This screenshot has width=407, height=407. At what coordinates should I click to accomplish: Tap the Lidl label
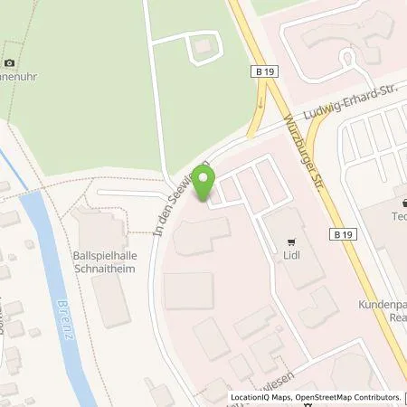tap(290, 256)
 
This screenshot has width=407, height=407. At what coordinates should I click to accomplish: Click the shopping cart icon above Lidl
tap(290, 241)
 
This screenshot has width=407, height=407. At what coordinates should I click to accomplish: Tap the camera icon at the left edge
tap(10, 62)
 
